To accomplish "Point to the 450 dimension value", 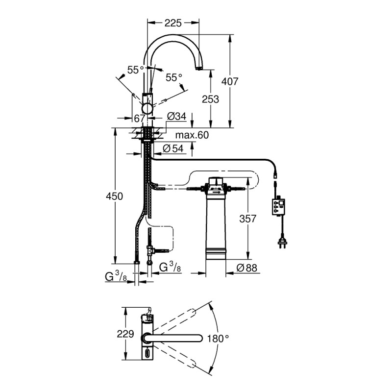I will [115, 196].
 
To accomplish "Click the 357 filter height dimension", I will [247, 219].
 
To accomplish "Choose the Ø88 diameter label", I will [247, 268].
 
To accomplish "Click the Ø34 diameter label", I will [176, 117].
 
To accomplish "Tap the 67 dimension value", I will [139, 118].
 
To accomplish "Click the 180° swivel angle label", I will [219, 338].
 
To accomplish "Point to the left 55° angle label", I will [136, 70].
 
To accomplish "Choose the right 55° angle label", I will [173, 77].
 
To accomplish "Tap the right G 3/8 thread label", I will [171, 267].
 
